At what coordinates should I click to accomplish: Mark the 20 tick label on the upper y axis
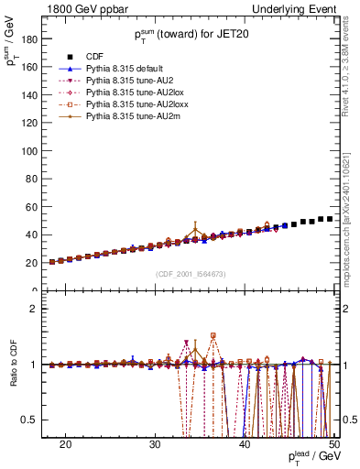click(39, 263)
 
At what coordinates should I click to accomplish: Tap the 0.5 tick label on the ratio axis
click(38, 420)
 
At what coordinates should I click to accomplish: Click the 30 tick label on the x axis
click(155, 443)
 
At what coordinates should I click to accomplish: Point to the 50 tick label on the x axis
click(334, 443)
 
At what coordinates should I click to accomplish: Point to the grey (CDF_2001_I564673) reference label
click(190, 274)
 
